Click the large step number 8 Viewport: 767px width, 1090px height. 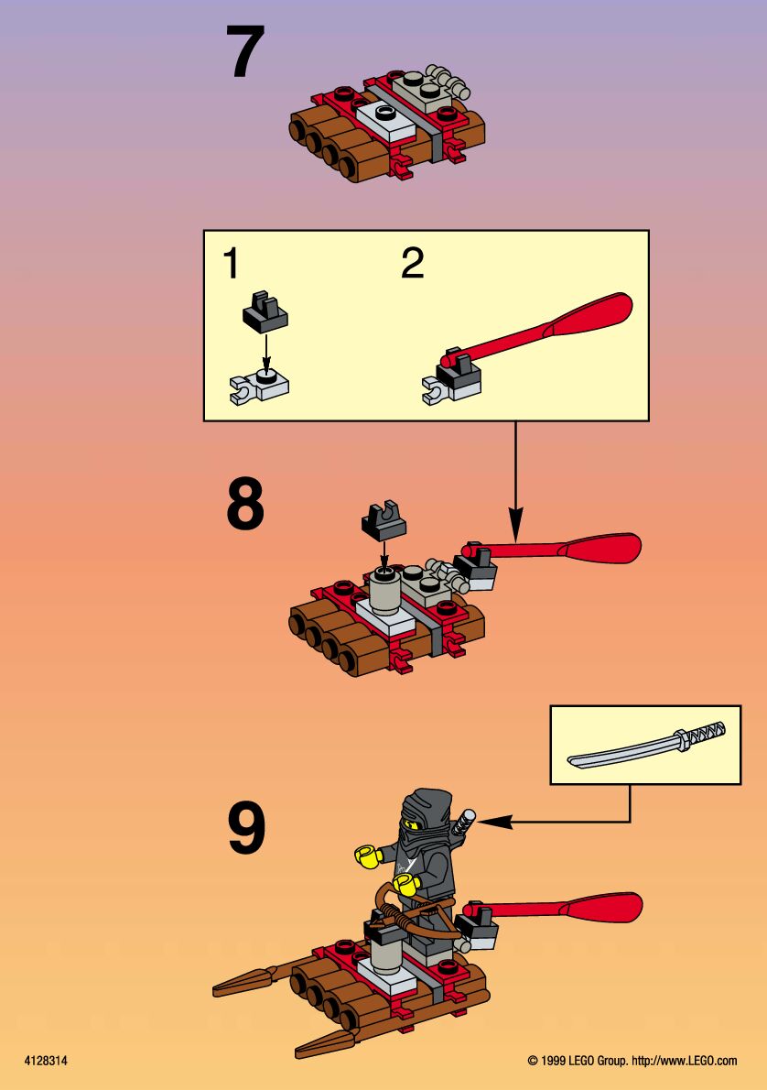(245, 503)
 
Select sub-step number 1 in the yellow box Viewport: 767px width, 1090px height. (231, 263)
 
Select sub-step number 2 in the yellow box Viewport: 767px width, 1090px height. (413, 263)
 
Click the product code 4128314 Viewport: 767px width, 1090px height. (46, 1061)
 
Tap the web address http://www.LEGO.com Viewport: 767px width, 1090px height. (685, 1061)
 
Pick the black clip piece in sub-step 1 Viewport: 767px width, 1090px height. (265, 310)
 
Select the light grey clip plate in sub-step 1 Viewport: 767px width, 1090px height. (258, 387)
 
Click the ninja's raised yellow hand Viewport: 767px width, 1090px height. (366, 856)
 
